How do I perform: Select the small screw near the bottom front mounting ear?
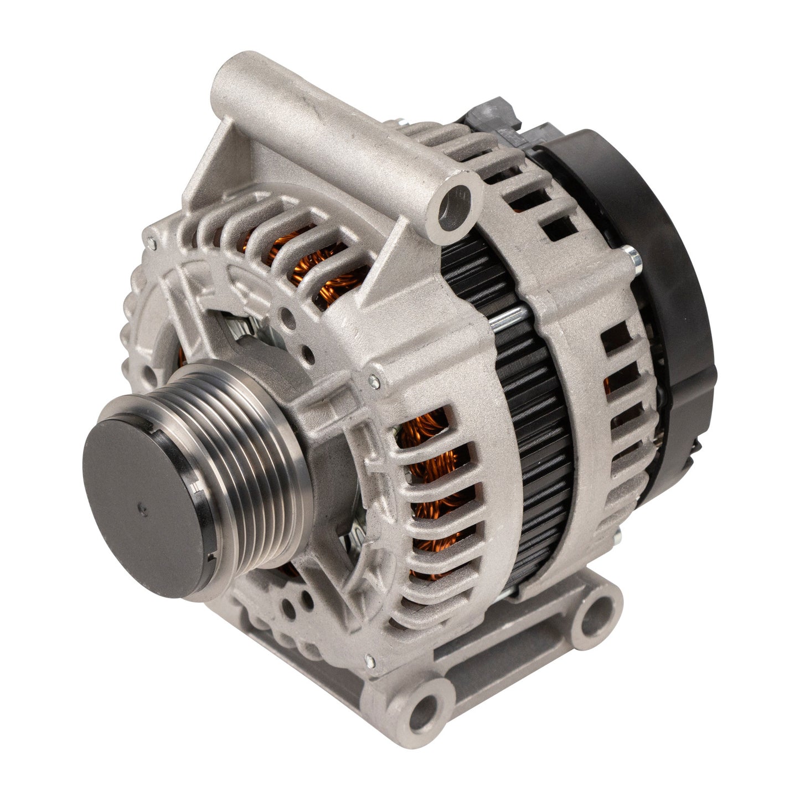[369, 659]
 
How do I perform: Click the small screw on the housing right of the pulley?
[375, 380]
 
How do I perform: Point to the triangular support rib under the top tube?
[221, 166]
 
